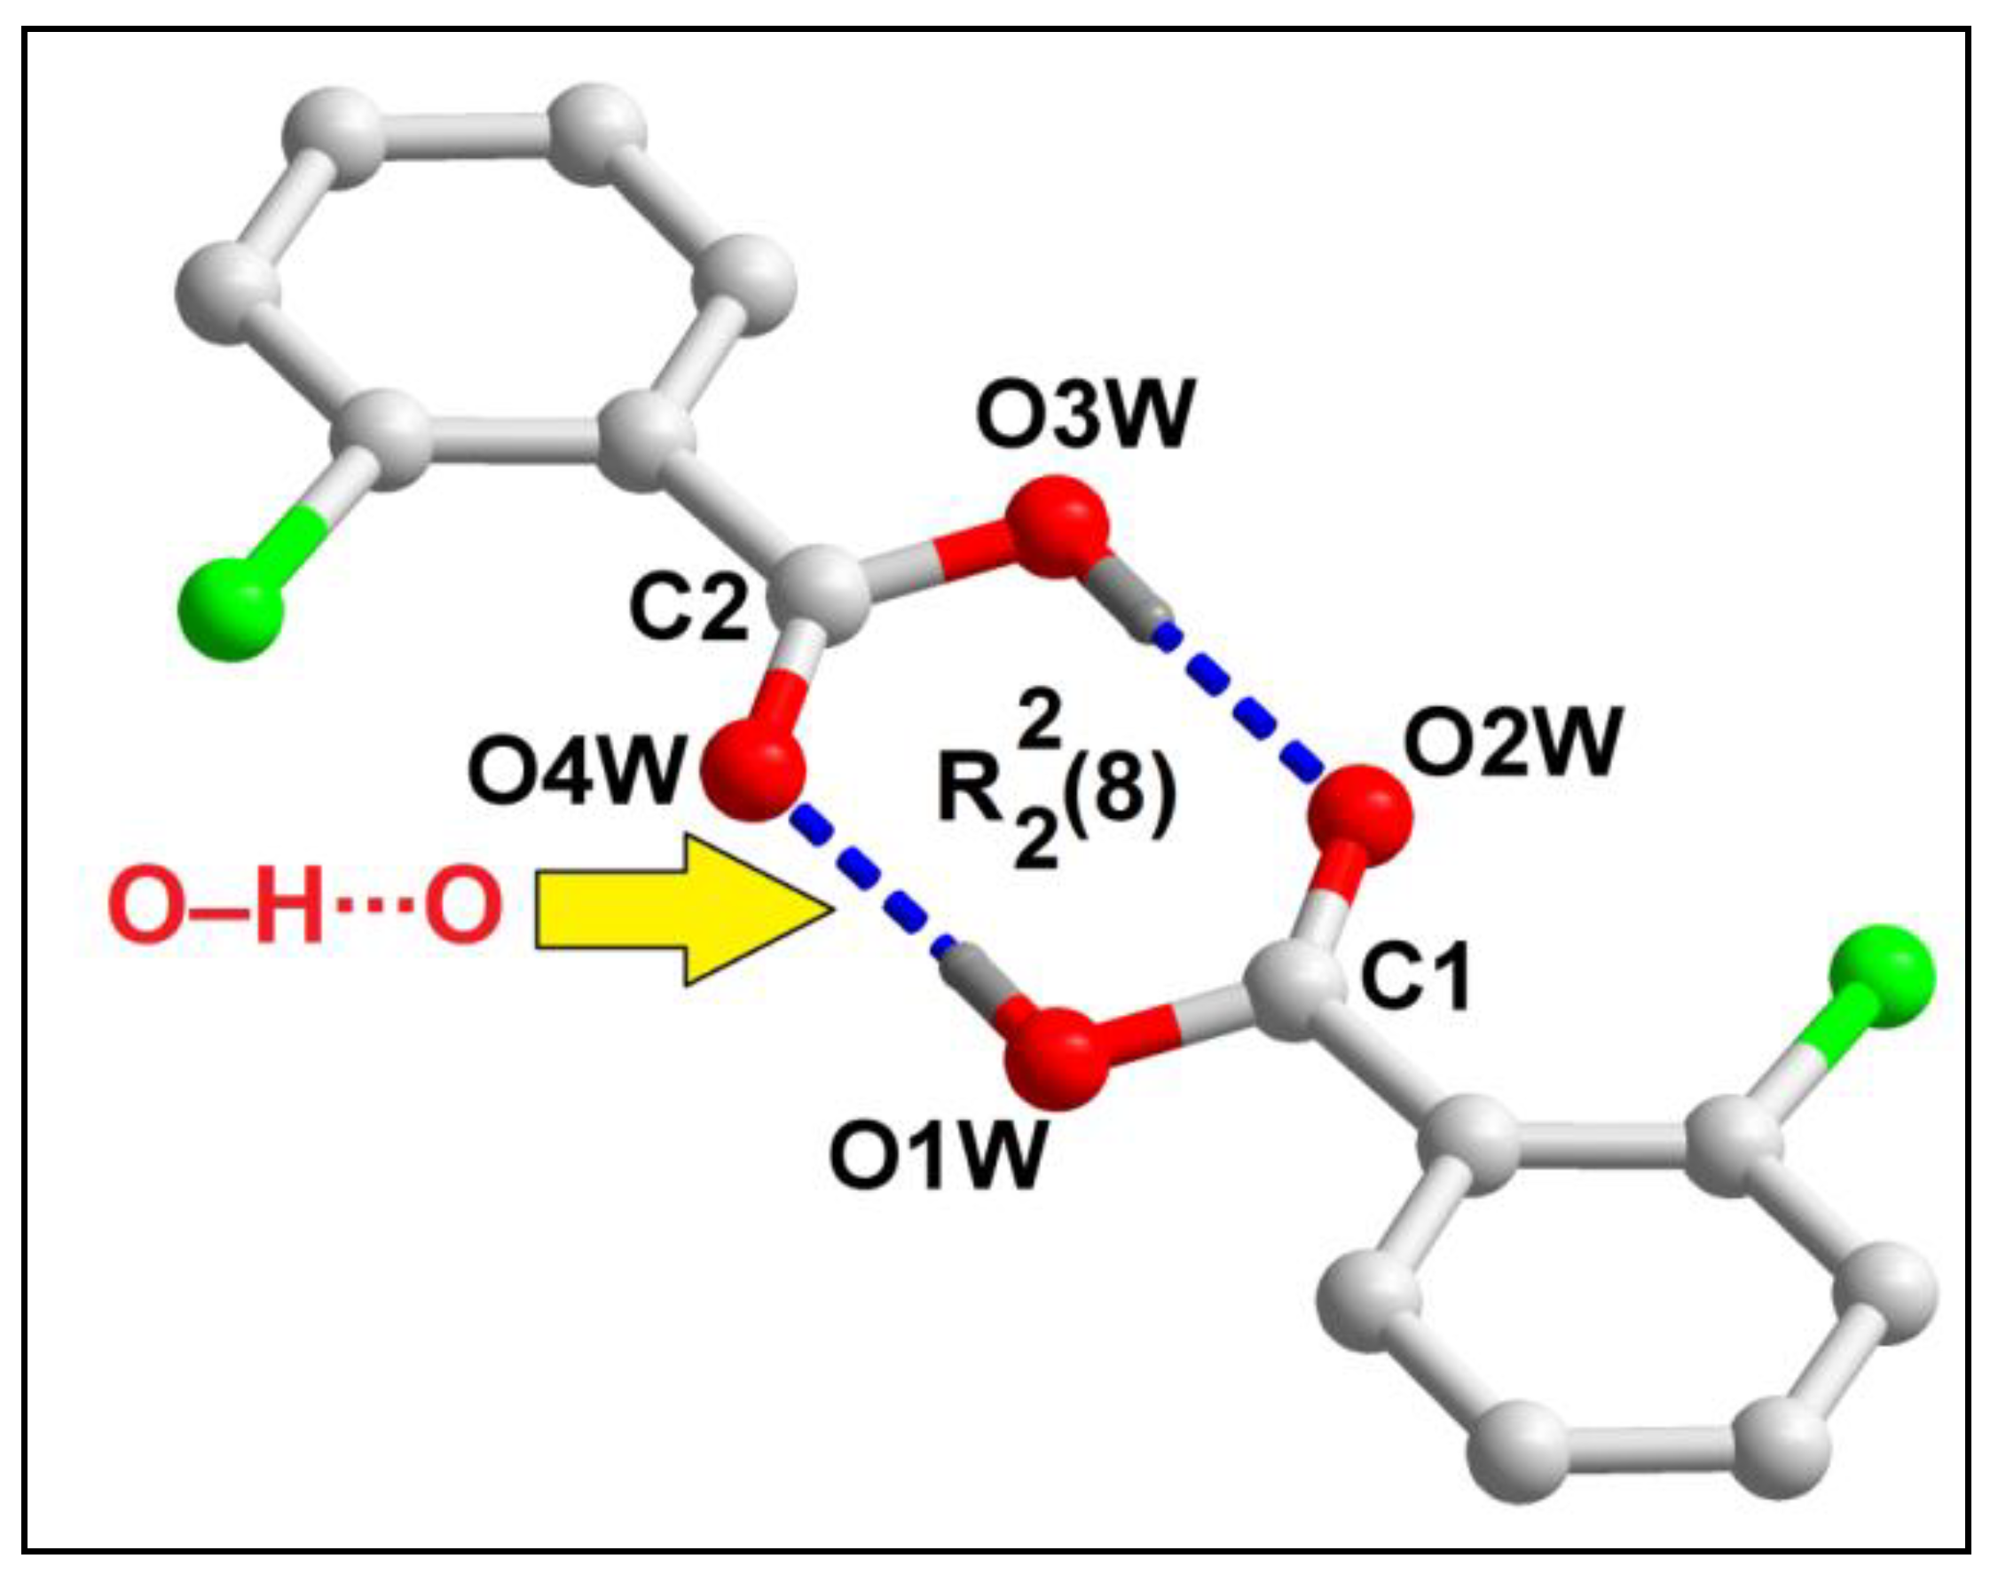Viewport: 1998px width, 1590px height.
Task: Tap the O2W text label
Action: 1513,741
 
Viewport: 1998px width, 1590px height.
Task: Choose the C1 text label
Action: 1415,980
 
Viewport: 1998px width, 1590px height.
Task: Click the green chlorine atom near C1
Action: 1881,976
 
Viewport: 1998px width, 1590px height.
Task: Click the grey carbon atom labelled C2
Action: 824,594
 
